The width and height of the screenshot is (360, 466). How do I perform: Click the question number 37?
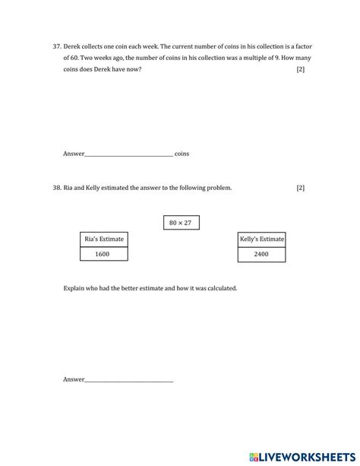(x=57, y=46)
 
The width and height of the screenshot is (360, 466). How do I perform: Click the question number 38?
(x=57, y=188)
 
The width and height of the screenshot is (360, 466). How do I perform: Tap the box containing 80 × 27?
(x=182, y=223)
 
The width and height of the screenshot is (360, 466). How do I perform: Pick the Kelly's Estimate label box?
(x=262, y=239)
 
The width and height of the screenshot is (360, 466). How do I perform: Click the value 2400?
(x=262, y=254)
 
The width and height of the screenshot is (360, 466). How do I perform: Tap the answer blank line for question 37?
(x=129, y=154)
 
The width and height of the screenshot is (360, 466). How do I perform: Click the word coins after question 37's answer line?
(x=182, y=154)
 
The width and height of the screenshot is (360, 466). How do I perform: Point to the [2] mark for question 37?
(x=301, y=70)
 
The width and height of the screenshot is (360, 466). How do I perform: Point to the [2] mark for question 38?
(x=301, y=188)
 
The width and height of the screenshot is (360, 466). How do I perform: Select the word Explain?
(x=76, y=289)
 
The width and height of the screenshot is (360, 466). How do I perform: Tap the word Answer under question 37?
(x=74, y=154)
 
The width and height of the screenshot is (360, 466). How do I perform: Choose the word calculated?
(x=220, y=289)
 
